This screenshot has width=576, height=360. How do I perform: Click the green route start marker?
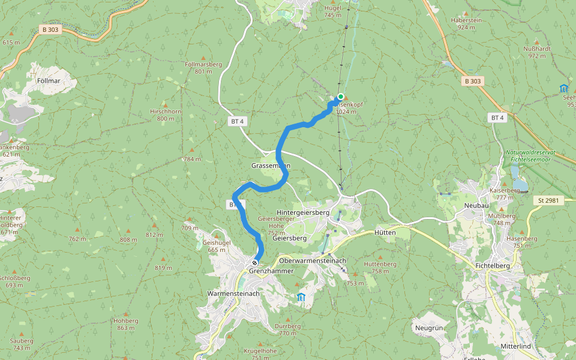coord(340,97)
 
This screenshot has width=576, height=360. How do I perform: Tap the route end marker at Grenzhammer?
coord(255,263)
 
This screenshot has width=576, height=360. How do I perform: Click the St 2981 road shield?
coord(548,200)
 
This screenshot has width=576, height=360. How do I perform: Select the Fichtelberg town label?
coord(491,266)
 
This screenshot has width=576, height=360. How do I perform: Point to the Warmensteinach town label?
coord(233,293)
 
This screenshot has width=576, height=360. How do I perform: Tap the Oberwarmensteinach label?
coord(313,261)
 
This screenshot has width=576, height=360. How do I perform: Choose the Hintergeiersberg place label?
coord(303,212)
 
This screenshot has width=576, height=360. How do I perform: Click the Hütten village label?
coord(385,232)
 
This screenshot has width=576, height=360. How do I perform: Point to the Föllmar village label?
coord(49,80)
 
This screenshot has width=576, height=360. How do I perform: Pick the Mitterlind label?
coord(518,347)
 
